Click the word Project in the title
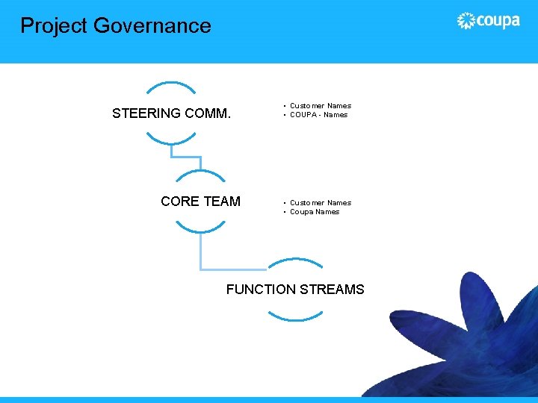click(x=54, y=26)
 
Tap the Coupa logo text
click(x=498, y=20)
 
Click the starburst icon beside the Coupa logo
click(x=466, y=21)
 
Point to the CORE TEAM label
click(x=200, y=201)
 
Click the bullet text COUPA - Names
click(x=319, y=115)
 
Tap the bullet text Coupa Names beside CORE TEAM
click(x=315, y=212)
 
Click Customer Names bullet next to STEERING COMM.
click(x=321, y=106)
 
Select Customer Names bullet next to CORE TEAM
click(x=321, y=203)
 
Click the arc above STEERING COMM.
click(x=171, y=84)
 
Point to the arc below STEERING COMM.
click(x=171, y=140)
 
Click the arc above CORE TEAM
click(x=200, y=173)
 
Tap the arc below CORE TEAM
click(x=200, y=228)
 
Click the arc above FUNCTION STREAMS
click(x=295, y=261)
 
